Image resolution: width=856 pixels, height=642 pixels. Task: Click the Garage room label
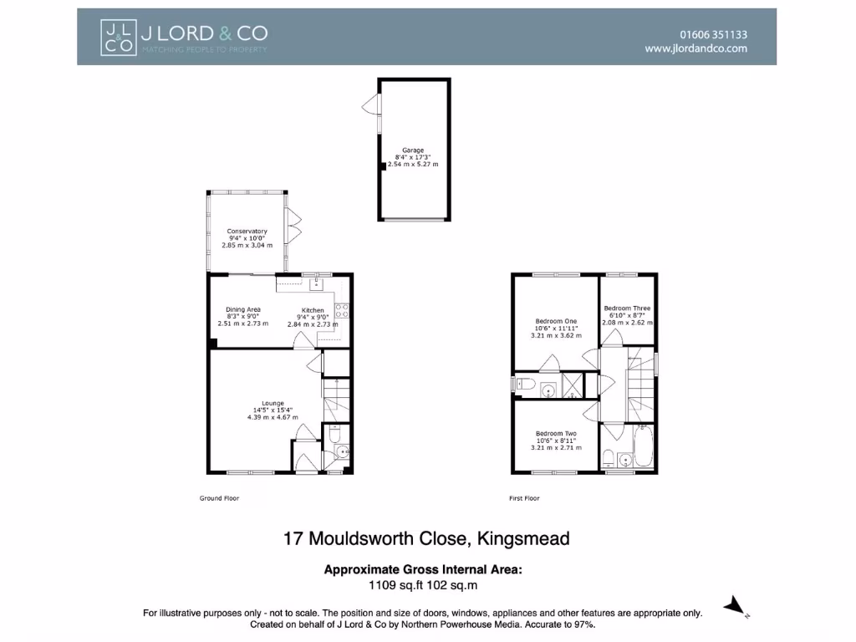[413, 150]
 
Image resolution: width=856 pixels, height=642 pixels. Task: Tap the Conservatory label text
[247, 231]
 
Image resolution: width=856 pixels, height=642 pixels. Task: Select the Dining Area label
[242, 309]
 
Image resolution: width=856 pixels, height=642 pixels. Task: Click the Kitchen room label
[313, 310]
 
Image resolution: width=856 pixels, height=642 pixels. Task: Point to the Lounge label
[273, 403]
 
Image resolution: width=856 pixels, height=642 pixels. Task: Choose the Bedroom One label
[556, 321]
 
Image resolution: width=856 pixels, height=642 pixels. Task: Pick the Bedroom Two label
[556, 433]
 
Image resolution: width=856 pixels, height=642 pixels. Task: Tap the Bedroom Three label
[627, 308]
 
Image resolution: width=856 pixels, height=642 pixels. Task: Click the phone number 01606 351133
[713, 34]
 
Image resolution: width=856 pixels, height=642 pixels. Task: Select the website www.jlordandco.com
[695, 48]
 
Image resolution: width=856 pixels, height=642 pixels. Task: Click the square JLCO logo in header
[117, 38]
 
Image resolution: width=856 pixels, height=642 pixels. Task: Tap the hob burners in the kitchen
[341, 312]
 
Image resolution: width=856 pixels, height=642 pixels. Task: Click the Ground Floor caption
[219, 498]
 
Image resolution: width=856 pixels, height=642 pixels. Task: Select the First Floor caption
[524, 498]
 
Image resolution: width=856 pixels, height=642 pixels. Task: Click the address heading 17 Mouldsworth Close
[427, 538]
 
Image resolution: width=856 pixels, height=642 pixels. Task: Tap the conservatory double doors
[293, 223]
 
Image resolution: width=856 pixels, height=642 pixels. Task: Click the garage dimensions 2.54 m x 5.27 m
[413, 165]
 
